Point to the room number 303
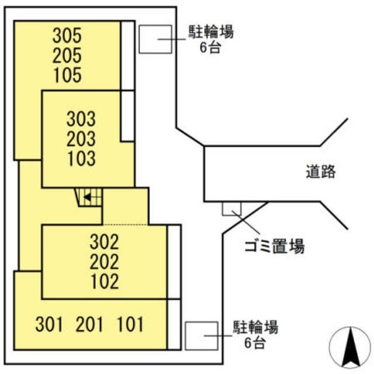81,120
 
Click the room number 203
81,140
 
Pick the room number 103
81,159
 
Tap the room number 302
105,242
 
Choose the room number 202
105,261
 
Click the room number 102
105,281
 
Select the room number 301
49,323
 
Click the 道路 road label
321,172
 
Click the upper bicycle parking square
155,39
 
